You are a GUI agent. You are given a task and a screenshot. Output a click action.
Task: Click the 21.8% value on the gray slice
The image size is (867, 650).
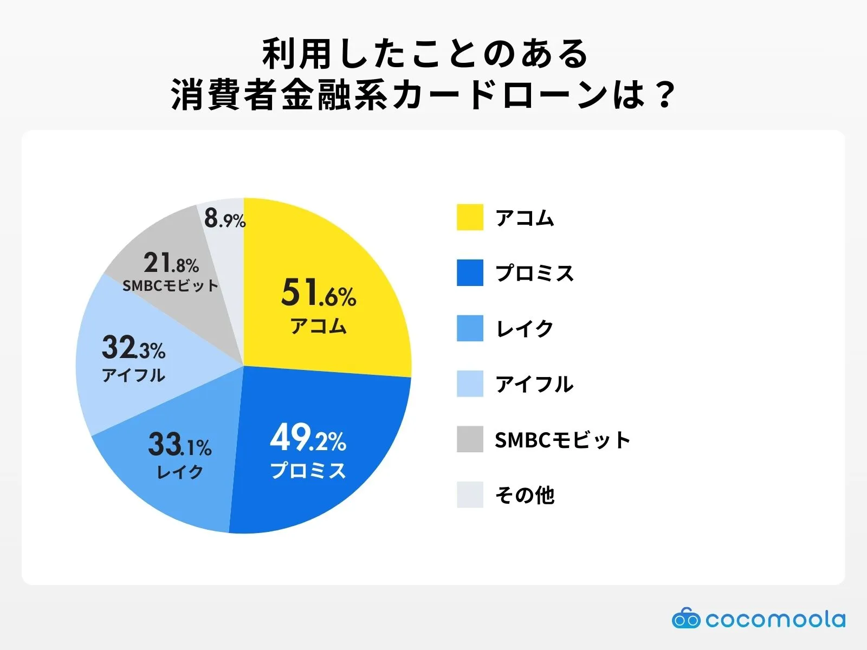(x=171, y=264)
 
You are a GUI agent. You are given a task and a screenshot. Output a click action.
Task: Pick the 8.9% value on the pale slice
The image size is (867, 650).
(x=225, y=219)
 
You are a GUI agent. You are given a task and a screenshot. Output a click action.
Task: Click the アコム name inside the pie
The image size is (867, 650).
(x=319, y=326)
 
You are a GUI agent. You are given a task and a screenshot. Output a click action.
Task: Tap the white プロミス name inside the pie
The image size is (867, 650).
(x=308, y=470)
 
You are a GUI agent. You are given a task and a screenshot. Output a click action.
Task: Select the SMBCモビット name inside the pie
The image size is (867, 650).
(x=170, y=286)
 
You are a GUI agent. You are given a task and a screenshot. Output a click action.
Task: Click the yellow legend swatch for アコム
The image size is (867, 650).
(x=470, y=217)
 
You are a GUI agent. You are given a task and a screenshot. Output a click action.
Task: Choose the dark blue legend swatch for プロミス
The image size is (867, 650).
(x=470, y=272)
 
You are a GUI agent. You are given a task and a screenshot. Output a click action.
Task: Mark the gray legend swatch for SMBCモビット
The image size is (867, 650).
(x=470, y=439)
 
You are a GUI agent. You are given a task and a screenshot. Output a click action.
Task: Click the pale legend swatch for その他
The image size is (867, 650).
(x=470, y=495)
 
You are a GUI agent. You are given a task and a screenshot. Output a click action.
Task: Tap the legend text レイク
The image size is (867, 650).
(x=525, y=328)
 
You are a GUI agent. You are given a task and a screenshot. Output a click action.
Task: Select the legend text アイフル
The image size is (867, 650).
(x=534, y=384)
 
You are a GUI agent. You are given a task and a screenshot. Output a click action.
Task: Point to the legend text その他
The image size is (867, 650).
(x=525, y=495)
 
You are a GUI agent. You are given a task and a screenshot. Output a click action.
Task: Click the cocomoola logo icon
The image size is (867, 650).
(x=686, y=619)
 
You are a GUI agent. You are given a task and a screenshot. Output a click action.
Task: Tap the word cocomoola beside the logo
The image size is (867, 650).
(x=775, y=619)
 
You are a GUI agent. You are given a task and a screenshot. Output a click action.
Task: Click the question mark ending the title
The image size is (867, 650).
(x=662, y=95)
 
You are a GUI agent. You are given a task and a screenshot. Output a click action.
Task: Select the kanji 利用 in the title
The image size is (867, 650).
(x=297, y=54)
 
